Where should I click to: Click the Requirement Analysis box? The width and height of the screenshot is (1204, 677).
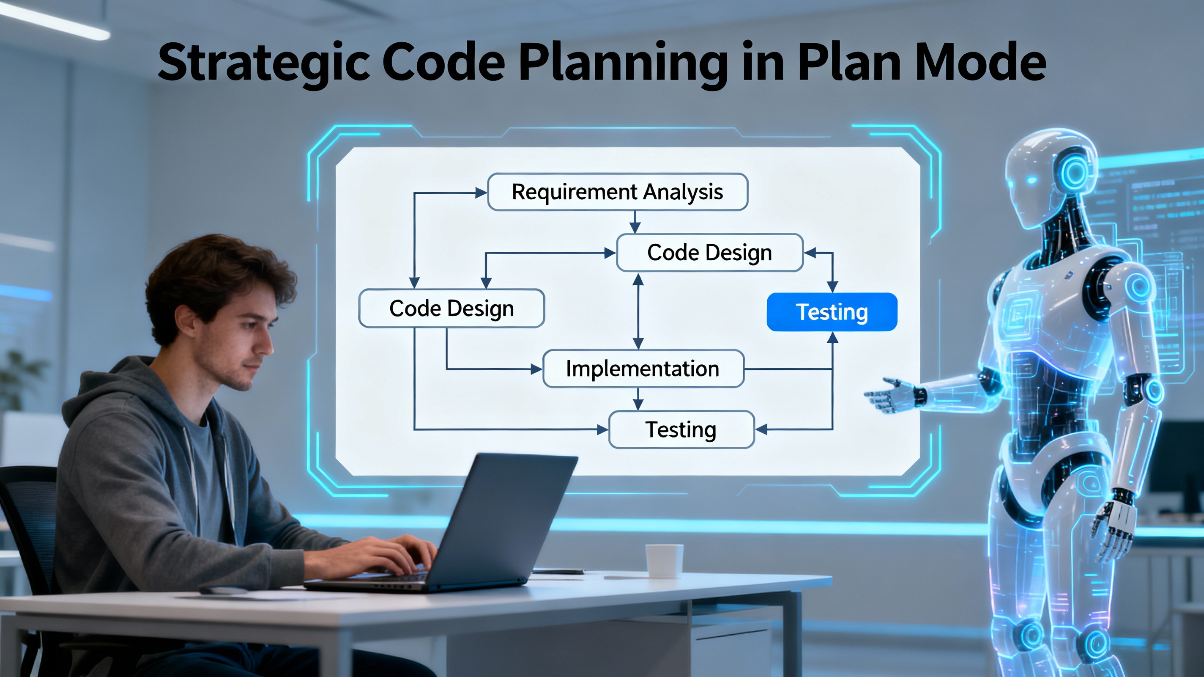617,192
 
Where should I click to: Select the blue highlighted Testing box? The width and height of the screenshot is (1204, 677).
832,312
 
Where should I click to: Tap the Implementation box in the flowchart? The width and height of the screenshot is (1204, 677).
643,369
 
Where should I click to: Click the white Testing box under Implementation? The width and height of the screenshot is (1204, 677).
681,429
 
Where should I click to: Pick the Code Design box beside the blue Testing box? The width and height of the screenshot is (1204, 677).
709,253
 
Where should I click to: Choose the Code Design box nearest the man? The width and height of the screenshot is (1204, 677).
451,308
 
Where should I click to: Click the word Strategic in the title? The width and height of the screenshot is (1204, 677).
264,63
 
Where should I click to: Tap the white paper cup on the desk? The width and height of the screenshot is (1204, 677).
664,560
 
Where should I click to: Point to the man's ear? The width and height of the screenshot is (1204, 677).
186,323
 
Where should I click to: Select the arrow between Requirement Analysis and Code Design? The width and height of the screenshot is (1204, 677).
634,223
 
